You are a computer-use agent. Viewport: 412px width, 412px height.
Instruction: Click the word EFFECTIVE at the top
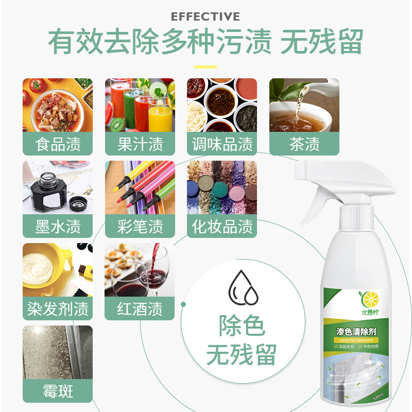(205, 16)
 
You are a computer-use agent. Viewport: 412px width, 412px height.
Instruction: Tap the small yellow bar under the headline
(205, 66)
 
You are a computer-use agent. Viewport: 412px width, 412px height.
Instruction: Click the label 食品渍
(58, 144)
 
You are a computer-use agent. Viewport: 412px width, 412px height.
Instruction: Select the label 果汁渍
(140, 144)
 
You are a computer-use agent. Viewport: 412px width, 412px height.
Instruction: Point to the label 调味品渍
(222, 144)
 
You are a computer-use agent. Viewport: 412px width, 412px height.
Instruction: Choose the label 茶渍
(304, 144)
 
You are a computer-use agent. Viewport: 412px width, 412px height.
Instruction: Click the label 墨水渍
(58, 227)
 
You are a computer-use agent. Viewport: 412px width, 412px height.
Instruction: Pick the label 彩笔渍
(140, 227)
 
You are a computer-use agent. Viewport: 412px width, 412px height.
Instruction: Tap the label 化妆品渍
(222, 227)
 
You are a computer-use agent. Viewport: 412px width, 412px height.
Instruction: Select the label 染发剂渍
(58, 309)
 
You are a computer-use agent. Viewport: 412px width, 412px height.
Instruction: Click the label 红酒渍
(140, 309)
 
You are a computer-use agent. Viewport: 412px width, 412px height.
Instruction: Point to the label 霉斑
(58, 391)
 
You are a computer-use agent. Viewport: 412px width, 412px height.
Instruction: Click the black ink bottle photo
(58, 187)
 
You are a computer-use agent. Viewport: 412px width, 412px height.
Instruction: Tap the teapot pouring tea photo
(304, 105)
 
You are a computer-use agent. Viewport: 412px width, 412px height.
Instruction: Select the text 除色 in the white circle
(242, 327)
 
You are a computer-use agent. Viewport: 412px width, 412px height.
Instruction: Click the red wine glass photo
(140, 270)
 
